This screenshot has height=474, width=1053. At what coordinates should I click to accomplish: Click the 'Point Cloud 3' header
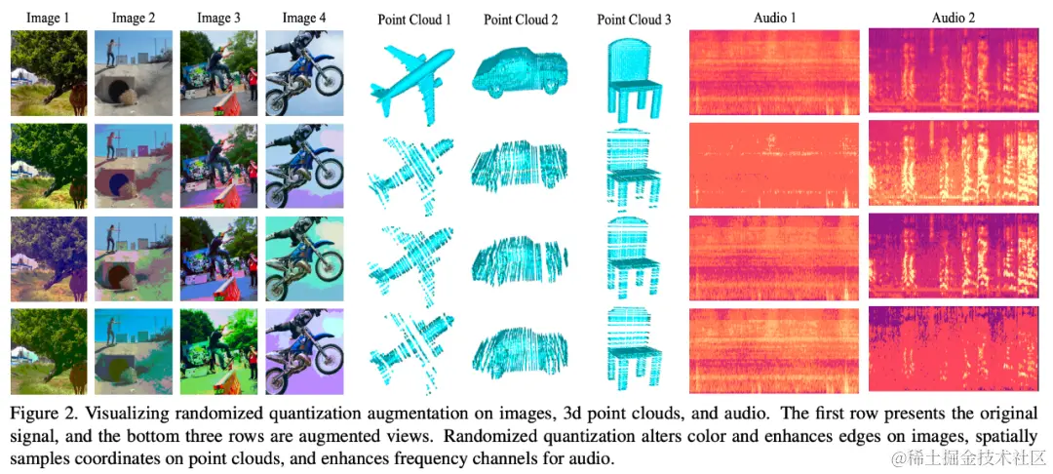[634, 18]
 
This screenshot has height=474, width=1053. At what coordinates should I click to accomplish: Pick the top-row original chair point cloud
[634, 74]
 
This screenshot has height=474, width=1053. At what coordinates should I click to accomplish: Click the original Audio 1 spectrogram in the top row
[774, 72]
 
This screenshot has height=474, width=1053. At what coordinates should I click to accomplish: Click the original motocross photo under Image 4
[303, 74]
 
